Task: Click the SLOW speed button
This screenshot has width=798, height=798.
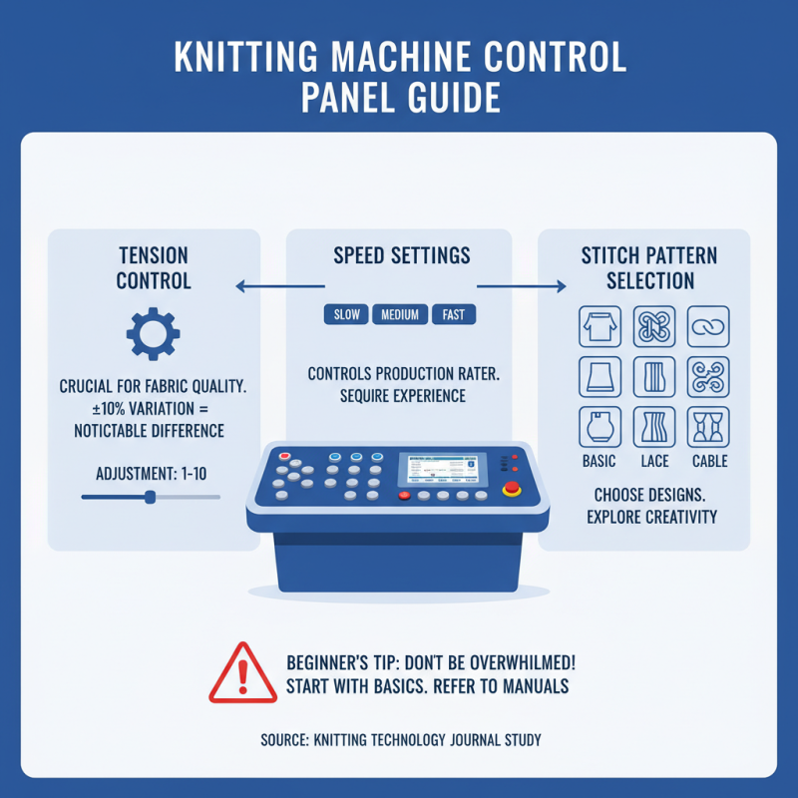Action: [345, 315]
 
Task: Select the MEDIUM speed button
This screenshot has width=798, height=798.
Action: [399, 315]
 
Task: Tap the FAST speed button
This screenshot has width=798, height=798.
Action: [453, 315]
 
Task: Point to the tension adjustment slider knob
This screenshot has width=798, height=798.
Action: [150, 496]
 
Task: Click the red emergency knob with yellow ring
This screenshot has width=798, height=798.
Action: [513, 489]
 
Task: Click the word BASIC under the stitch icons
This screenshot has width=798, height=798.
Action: [598, 462]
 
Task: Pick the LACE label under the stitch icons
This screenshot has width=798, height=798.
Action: [654, 462]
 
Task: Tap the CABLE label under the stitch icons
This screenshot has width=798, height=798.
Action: [709, 462]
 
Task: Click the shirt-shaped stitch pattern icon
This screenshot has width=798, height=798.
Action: [599, 326]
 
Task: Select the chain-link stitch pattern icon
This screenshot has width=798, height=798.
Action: [708, 326]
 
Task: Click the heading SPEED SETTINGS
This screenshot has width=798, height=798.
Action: [401, 257]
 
